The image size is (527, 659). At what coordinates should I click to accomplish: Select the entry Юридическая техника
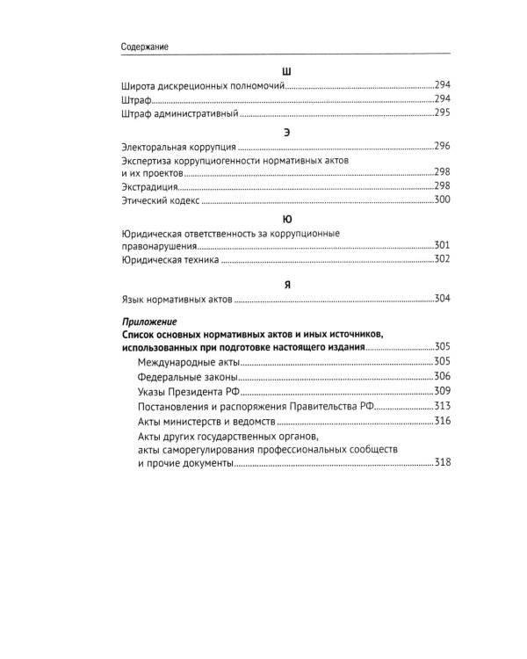(x=168, y=260)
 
